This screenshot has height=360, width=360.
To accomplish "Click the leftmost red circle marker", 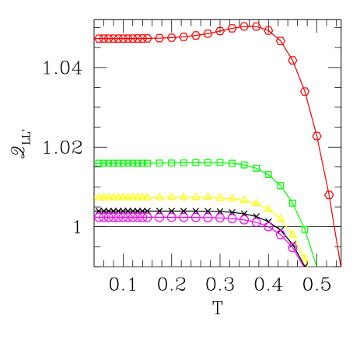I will [99, 38].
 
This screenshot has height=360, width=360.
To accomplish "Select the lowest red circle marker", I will [329, 194].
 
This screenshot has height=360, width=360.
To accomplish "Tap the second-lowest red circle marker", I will [316, 136].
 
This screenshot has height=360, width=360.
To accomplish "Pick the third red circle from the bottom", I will [305, 91].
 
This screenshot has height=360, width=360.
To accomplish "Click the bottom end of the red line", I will [341, 265].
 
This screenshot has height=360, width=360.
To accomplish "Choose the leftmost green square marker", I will [99, 163].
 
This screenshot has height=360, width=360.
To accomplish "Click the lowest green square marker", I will [305, 229].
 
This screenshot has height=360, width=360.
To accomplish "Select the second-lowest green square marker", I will [292, 203].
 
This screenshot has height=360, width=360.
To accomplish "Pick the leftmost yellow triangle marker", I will [99, 197].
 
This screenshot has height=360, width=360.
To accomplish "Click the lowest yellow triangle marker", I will [305, 257].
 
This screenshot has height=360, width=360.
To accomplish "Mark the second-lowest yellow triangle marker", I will [292, 233].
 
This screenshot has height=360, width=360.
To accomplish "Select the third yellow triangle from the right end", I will [281, 218].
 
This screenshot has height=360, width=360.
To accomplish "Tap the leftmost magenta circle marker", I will [99, 218].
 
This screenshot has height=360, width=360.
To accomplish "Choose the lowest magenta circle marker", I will [292, 248].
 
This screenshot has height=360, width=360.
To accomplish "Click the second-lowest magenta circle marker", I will [281, 235].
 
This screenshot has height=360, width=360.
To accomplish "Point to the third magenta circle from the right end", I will [268, 227].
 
